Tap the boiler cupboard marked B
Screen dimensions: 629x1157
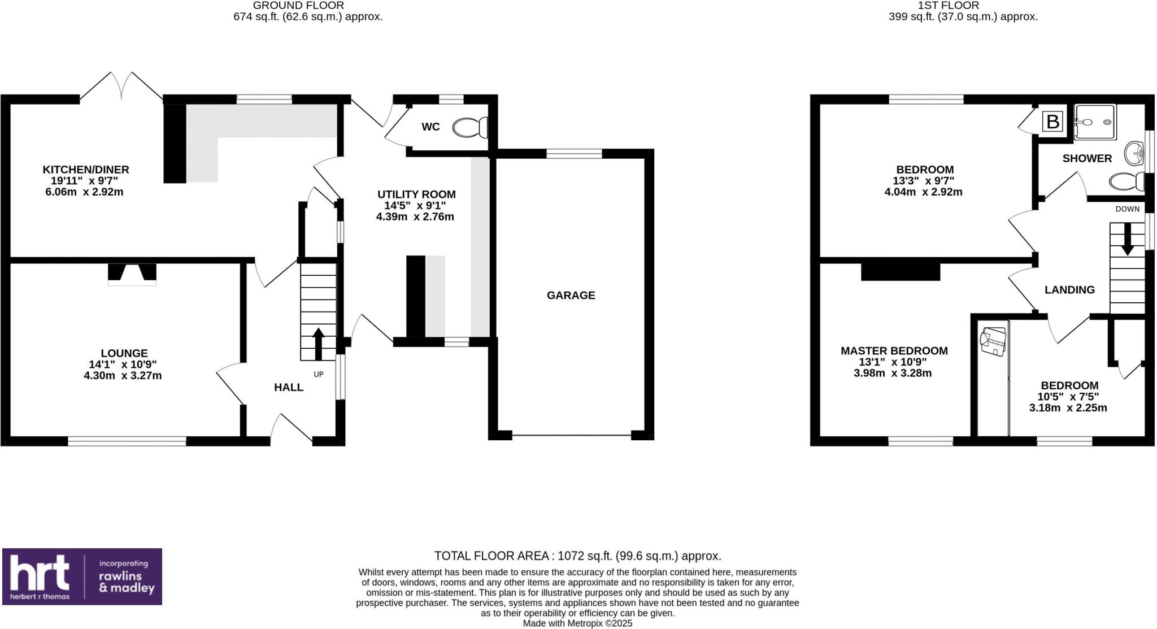[1052, 122]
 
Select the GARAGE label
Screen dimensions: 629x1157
[571, 295]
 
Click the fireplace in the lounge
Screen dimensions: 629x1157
[132, 274]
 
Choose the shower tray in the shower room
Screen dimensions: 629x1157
[1095, 122]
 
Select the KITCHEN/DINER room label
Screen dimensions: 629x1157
[86, 170]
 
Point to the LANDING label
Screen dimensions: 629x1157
[1069, 290]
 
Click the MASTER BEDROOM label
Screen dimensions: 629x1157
[894, 351]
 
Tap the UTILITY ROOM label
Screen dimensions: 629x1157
[416, 194]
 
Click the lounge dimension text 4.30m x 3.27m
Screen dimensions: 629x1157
[123, 375]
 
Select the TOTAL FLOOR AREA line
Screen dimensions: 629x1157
[577, 556]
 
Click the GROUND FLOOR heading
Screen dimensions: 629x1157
[298, 6]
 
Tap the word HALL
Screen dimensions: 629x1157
[289, 387]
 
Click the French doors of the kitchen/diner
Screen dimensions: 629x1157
[121, 87]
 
